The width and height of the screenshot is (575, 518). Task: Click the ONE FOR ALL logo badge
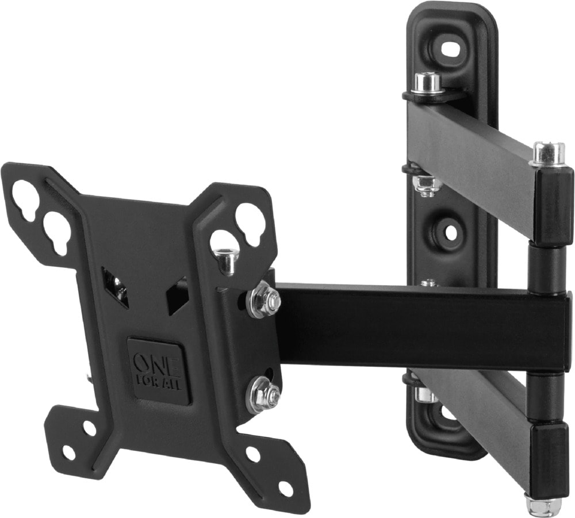tap(159, 371)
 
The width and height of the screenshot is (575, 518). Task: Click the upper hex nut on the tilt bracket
tap(263, 300)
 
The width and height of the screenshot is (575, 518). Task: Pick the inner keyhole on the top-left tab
tap(57, 231)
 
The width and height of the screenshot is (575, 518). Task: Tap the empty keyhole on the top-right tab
tap(250, 222)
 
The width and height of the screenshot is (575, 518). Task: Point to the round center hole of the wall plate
tap(451, 232)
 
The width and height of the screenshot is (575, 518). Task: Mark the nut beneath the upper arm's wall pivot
tap(427, 184)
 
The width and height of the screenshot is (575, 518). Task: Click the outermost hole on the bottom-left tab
tap(68, 452)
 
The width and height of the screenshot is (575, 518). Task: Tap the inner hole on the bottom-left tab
tap(89, 428)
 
